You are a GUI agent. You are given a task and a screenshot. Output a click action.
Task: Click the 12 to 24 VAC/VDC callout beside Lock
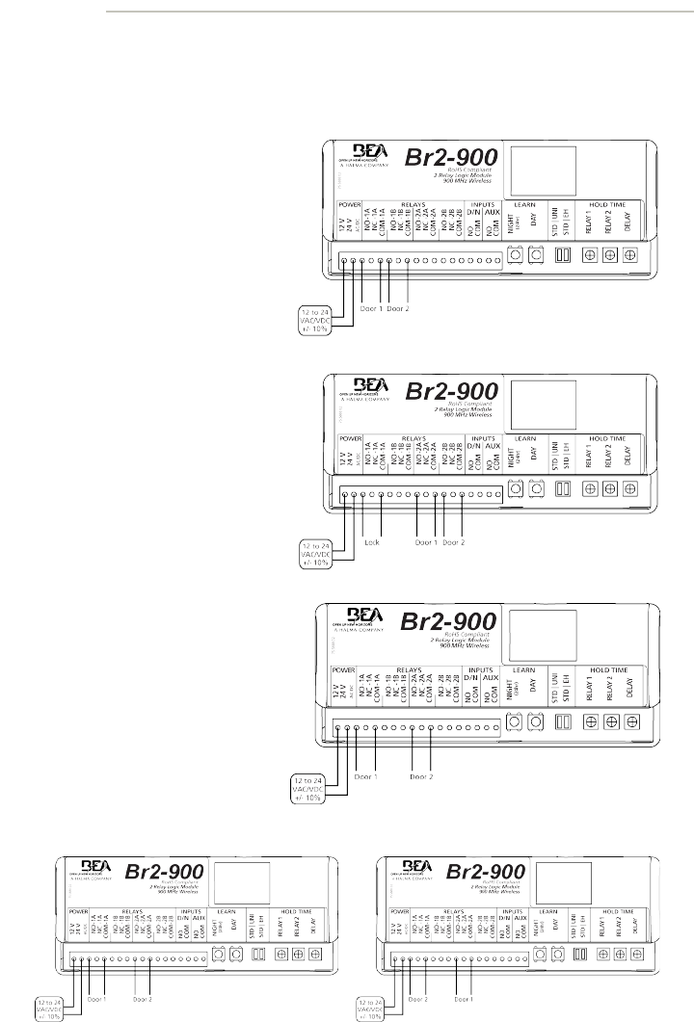coord(314,554)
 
